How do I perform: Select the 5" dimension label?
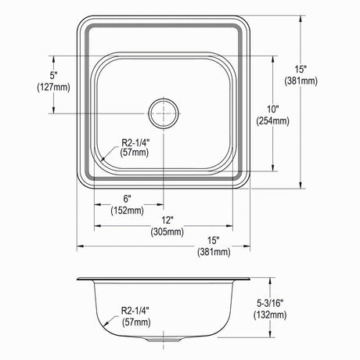point(53,76)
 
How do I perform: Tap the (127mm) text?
point(53,87)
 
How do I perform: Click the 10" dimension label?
point(273,110)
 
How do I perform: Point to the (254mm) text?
point(273,121)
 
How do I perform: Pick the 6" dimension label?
point(127,199)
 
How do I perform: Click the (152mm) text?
point(127,211)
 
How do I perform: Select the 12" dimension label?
point(167,220)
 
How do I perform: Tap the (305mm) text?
point(167,232)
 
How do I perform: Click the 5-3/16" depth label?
point(270,304)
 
